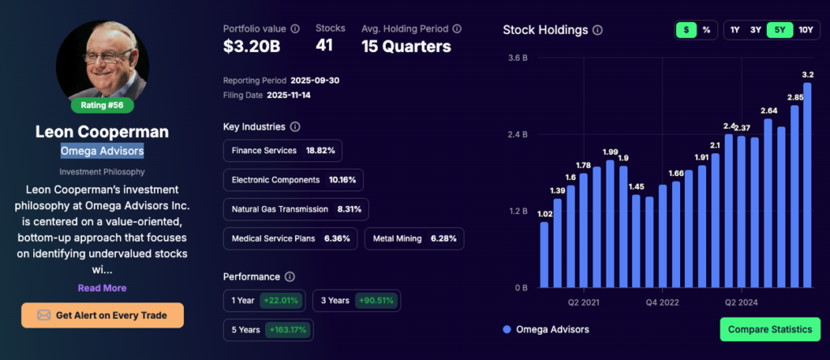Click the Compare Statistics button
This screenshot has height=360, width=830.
pos(769,329)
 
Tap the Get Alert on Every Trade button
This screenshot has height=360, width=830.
pos(103,315)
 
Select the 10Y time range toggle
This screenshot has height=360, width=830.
pos(805,30)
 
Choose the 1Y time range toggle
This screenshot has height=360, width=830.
pos(734,30)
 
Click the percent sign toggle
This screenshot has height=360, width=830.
pos(706,30)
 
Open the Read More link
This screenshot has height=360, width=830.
pos(102,288)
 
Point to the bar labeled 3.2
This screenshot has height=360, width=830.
pos(807,186)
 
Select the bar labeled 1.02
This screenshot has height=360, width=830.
pos(545,255)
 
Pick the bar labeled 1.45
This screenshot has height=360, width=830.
pos(636,241)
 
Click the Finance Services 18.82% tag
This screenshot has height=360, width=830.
pos(283,151)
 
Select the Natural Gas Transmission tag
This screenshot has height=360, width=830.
pos(295,209)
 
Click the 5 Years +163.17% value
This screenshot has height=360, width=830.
pos(285,330)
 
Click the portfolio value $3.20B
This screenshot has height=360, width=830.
pos(251,46)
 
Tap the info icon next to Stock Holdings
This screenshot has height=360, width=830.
pos(597,30)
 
